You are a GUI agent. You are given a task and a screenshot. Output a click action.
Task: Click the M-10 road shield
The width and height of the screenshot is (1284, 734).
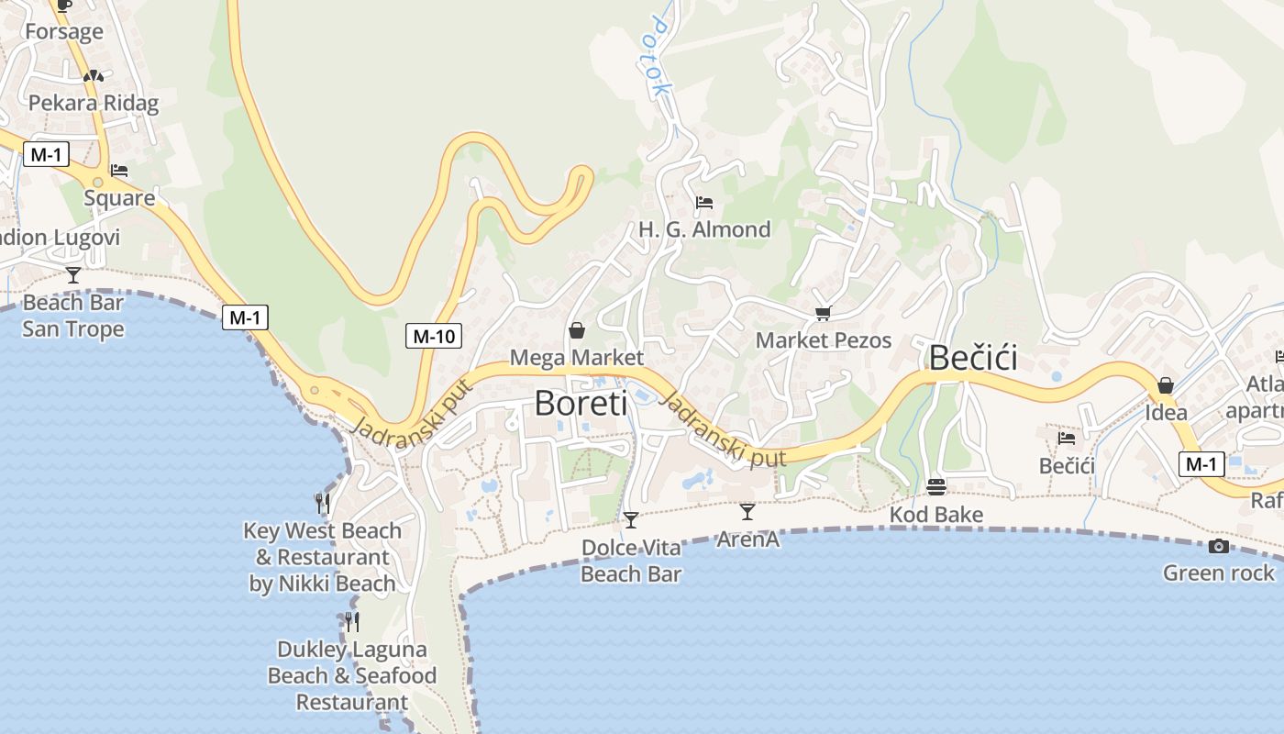point(434,336)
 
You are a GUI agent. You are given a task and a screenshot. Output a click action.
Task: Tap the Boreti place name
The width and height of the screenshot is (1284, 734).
point(581,403)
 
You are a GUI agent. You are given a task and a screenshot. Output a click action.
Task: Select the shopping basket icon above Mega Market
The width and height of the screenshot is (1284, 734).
point(577,330)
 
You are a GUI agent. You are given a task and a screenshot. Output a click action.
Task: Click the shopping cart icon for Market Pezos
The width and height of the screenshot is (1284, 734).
point(823,314)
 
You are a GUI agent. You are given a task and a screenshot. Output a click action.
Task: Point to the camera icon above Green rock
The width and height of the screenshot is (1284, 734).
point(1218,547)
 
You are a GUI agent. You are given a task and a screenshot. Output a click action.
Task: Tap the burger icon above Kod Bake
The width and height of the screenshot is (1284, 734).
point(936,486)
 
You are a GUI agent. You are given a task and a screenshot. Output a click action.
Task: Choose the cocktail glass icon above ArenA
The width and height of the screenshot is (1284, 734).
point(747,512)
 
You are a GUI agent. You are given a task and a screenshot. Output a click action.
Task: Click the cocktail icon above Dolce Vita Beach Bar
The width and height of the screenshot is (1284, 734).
point(631,520)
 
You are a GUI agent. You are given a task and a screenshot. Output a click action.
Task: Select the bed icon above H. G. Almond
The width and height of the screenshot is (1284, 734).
point(704,202)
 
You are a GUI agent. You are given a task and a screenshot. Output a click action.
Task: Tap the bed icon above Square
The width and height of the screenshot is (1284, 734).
point(119,171)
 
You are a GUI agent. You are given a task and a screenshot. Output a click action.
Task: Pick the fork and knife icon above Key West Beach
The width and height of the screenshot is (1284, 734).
point(323,503)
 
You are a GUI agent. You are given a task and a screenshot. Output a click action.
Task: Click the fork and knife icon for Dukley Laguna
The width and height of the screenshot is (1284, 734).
point(352,621)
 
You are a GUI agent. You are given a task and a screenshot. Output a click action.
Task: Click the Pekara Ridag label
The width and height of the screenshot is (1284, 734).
point(94,103)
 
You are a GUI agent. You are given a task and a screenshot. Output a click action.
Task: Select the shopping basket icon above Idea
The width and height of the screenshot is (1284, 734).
point(1166,385)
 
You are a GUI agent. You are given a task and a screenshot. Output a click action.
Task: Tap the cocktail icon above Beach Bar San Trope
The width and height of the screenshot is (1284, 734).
point(73,274)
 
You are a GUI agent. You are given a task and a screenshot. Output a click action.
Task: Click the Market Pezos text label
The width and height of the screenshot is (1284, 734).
point(823,340)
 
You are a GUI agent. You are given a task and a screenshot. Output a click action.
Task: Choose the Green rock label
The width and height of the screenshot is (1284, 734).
point(1218,573)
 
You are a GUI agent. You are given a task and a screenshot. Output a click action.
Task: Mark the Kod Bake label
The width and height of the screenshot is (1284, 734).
point(936,515)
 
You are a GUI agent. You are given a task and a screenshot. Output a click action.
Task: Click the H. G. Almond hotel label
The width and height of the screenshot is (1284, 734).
point(704,229)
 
